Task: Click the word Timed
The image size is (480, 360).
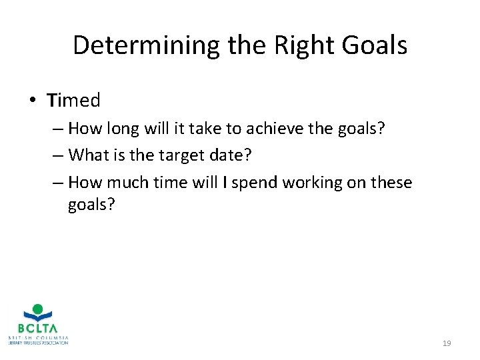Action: (x=73, y=101)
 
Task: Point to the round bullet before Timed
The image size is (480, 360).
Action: (x=33, y=101)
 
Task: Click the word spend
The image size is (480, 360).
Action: (x=251, y=182)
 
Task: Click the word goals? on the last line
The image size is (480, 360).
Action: (x=91, y=205)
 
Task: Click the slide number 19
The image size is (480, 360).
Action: (x=447, y=343)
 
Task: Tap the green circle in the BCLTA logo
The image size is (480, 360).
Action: (x=38, y=309)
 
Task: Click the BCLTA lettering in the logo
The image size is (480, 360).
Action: (x=38, y=328)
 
